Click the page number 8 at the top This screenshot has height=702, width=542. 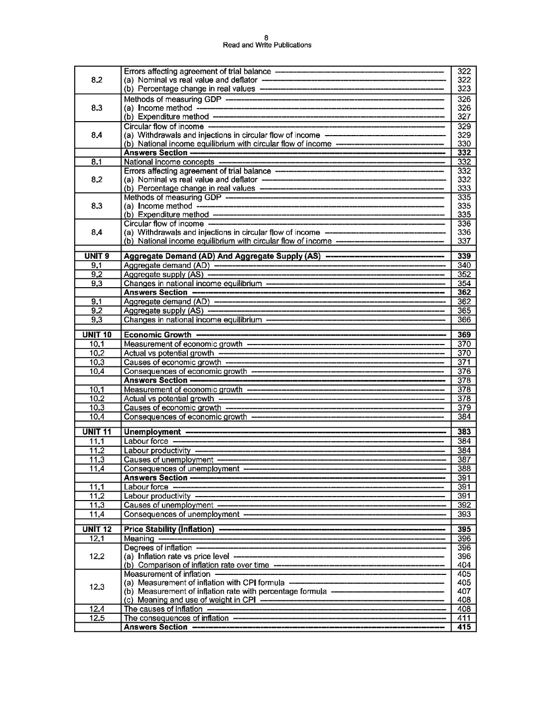(x=267, y=38)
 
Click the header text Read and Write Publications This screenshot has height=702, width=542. (x=267, y=45)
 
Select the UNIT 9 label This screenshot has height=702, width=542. (x=97, y=256)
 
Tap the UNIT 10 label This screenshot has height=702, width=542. (x=97, y=335)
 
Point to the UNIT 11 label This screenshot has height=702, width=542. (x=97, y=432)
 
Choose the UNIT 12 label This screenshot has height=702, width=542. (x=97, y=529)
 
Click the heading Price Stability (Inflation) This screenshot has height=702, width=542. (x=169, y=529)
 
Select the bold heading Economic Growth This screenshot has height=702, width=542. (x=157, y=335)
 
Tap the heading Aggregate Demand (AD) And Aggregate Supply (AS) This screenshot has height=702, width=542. (x=222, y=256)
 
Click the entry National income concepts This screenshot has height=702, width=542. (x=169, y=162)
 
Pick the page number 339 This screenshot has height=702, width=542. (x=464, y=256)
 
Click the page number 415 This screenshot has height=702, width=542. (x=464, y=627)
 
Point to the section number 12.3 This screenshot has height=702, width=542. (x=97, y=587)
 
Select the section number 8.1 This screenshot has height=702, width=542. (x=97, y=162)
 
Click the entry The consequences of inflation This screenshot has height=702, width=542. (x=176, y=618)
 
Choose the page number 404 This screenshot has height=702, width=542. (x=464, y=565)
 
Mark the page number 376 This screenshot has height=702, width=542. (x=464, y=371)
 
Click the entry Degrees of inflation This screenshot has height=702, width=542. (x=157, y=548)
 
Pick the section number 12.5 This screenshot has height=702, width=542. (x=97, y=618)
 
